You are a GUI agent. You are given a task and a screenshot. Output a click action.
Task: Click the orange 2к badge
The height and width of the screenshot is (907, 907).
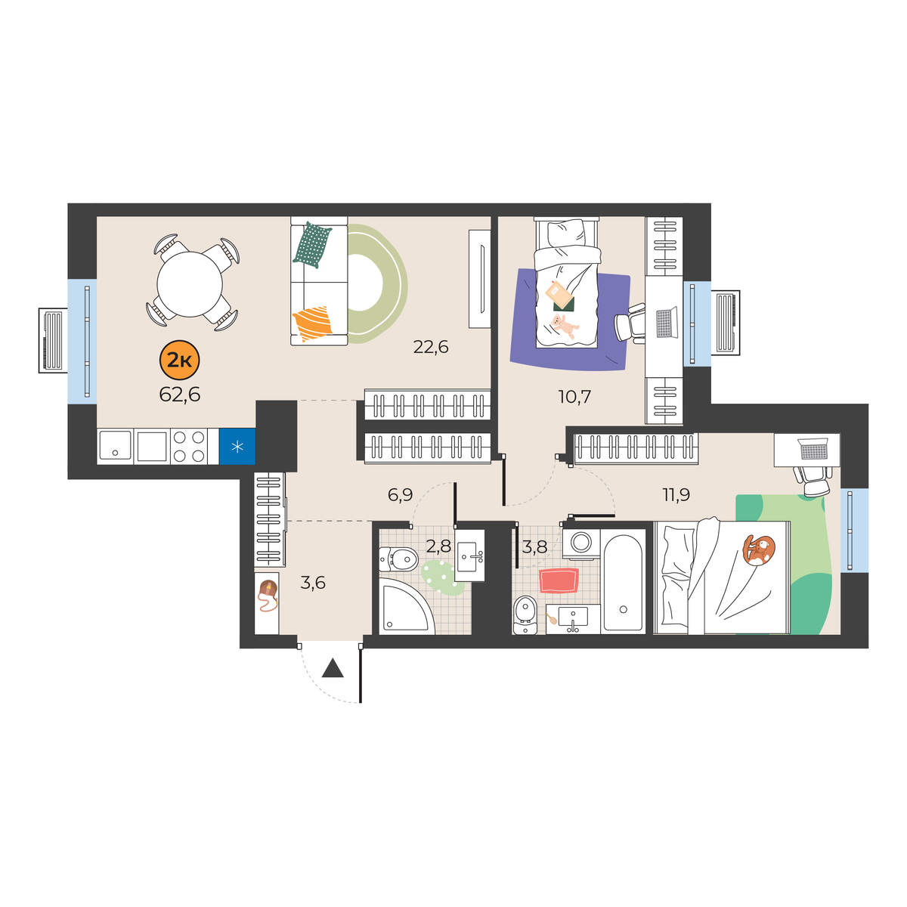180,360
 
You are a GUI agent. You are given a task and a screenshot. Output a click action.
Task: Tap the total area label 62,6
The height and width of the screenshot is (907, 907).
180,395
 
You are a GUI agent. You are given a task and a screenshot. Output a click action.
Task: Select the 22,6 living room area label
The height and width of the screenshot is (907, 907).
430,347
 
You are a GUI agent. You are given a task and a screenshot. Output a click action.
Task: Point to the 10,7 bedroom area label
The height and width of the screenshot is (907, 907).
574,397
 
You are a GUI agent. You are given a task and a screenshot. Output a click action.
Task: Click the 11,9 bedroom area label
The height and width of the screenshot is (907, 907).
676,494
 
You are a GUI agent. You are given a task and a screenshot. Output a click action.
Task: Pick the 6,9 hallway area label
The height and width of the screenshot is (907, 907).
400,494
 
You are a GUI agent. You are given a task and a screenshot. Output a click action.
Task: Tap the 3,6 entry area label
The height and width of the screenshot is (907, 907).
313,583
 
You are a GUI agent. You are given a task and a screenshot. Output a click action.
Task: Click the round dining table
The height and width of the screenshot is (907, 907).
190,284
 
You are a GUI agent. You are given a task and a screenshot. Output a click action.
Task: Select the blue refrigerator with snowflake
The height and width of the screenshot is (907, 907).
237,446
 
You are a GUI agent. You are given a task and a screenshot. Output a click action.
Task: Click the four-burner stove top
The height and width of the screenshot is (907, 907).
189,446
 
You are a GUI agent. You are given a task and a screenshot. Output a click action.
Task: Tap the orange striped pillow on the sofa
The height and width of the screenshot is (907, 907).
312,323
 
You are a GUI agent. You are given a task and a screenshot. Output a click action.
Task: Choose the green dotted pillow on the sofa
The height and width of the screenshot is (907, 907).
312,245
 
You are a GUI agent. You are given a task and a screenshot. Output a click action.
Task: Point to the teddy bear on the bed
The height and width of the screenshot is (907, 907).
565,326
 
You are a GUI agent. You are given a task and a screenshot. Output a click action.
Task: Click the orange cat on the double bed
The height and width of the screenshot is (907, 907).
758,549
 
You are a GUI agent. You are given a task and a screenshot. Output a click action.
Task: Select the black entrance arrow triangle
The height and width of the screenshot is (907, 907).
333,668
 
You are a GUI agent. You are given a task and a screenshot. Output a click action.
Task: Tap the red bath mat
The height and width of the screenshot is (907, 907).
559,580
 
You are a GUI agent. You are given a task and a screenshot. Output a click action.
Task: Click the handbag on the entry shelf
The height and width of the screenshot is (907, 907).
268,596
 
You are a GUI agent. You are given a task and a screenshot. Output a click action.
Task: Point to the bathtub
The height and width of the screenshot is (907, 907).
623,582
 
